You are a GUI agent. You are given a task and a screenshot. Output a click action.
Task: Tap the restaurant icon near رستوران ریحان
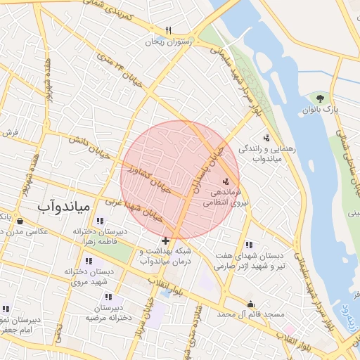coord(168,31)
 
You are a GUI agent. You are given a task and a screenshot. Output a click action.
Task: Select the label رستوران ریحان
coord(168,42)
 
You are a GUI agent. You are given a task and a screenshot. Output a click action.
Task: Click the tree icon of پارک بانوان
coord(321,98)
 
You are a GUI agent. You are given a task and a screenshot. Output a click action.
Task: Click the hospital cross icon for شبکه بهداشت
coord(165,241)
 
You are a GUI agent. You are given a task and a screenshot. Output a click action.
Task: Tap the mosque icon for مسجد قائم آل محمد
coord(250,304)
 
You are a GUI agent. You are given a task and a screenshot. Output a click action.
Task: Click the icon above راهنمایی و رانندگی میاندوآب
coord(266,138)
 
